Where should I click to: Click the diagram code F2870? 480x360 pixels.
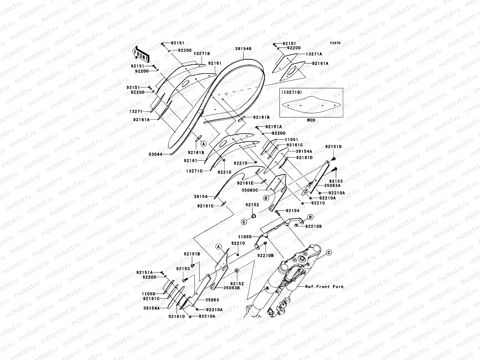click(335, 43)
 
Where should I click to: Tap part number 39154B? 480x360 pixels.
click(243, 49)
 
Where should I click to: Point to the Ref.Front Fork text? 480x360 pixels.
click(324, 286)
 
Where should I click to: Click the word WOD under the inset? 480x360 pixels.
click(311, 120)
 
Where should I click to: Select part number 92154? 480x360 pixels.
click(292, 211)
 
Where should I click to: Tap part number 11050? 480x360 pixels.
click(149, 294)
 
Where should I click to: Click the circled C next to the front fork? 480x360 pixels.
click(328, 253)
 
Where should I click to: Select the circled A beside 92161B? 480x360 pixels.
click(203, 144)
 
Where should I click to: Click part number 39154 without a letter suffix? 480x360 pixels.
click(200, 196)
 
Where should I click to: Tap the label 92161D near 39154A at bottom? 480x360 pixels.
click(176, 316)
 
